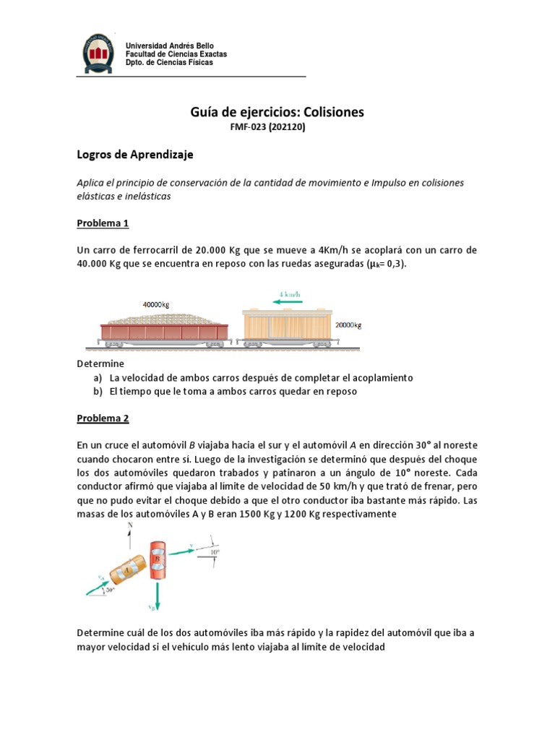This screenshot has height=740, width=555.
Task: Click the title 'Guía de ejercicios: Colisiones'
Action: [x=277, y=112]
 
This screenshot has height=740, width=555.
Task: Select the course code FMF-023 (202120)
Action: [x=277, y=127]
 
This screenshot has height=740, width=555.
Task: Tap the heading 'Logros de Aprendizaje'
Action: [x=135, y=155]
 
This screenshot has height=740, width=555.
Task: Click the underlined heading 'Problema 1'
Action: [x=103, y=223]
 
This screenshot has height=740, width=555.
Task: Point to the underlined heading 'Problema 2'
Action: [x=103, y=418]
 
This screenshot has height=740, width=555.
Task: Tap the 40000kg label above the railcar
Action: [x=155, y=305]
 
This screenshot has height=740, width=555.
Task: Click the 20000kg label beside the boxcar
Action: [x=348, y=325]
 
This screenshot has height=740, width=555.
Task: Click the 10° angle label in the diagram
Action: [x=215, y=553]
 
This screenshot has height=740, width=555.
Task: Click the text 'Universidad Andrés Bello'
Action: [x=170, y=46]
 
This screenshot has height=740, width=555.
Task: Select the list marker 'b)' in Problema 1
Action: [x=97, y=392]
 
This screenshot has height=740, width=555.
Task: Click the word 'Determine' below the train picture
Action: [x=100, y=363]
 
